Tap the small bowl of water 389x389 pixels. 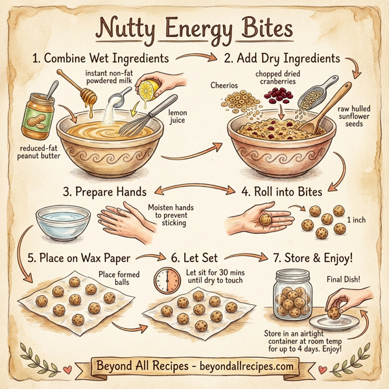64,221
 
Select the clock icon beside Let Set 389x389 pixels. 167,279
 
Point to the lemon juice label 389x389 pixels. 177,117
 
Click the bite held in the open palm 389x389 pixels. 266,220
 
